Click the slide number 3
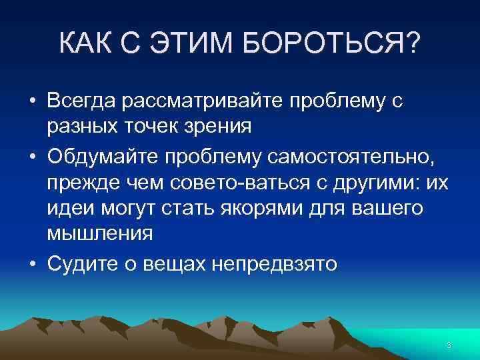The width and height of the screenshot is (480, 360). pos(449,345)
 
